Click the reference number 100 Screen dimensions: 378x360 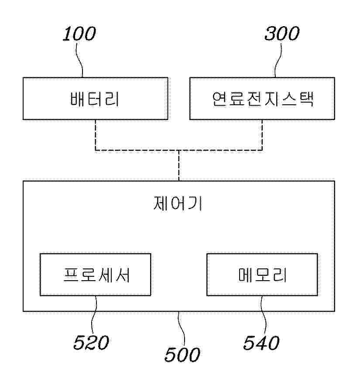79,34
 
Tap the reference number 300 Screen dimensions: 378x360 282,34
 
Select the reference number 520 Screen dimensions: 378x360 91,343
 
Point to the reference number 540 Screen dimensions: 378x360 261,343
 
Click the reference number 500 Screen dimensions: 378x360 182,354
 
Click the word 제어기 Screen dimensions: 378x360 178,203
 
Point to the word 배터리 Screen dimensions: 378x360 95,99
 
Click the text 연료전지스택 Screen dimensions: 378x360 261,99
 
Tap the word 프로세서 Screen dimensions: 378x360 95,275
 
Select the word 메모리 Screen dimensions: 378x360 262,275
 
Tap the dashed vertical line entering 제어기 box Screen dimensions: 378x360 178,166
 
